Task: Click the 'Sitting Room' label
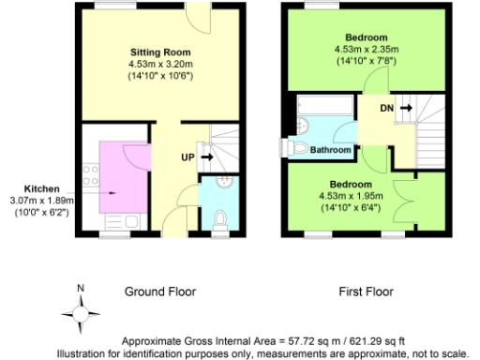pos(160,51)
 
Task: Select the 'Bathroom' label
pos(331,150)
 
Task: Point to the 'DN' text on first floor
pos(386,109)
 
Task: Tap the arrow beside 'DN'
pos(405,109)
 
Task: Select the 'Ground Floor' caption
pos(160,292)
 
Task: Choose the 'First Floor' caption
pos(363,292)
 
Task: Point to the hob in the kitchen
pos(91,172)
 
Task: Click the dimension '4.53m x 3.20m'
pos(160,63)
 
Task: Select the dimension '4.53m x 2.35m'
pos(363,49)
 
